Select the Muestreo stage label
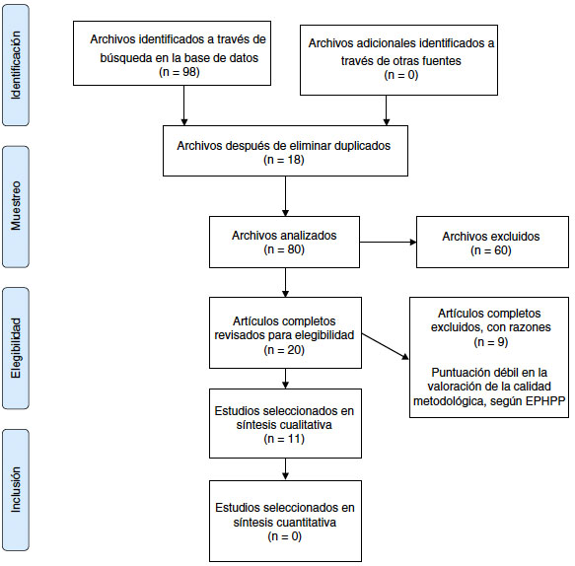tap(17, 205)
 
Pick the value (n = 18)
tap(284, 161)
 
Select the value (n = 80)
tap(284, 249)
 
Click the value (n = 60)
tap(490, 249)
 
